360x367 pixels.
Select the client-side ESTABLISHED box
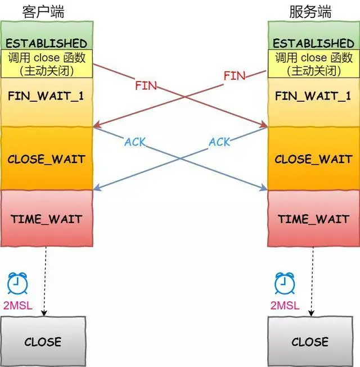(47, 43)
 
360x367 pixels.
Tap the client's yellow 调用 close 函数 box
(47, 64)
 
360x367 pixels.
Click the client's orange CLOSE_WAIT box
(47, 158)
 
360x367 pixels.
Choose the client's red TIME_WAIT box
(47, 219)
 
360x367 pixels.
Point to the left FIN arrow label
(146, 87)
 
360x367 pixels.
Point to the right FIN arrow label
(234, 75)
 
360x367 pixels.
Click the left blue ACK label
(135, 142)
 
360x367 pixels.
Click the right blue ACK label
(219, 142)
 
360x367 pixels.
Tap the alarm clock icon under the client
(17, 284)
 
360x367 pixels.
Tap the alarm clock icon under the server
(285, 284)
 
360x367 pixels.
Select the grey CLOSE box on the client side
(43, 341)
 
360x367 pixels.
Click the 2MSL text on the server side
(285, 306)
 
